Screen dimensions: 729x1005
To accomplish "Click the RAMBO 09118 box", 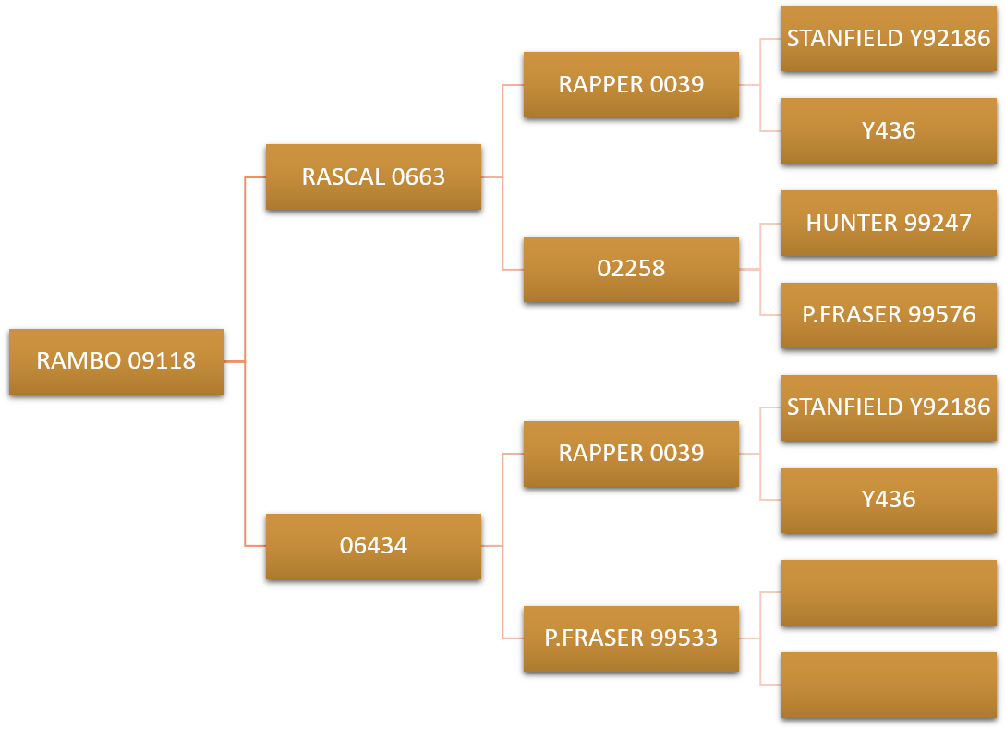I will pyautogui.click(x=116, y=361).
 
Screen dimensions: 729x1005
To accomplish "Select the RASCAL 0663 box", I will pyautogui.click(x=373, y=176).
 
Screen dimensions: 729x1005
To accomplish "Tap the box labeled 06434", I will pyautogui.click(x=373, y=546).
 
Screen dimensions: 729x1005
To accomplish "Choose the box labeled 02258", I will pyautogui.click(x=631, y=269).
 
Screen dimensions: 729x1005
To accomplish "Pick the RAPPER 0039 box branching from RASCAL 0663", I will pyautogui.click(x=631, y=84).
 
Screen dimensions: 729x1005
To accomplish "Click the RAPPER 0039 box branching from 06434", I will pyautogui.click(x=631, y=454).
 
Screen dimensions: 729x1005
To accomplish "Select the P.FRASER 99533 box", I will pyautogui.click(x=631, y=638).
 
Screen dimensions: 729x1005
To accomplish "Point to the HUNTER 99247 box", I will pyautogui.click(x=889, y=223).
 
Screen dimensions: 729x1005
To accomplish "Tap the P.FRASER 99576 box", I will pyautogui.click(x=889, y=315).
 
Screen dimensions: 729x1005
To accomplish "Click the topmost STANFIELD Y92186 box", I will pyautogui.click(x=889, y=38).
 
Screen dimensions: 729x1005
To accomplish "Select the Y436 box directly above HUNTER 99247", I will pyautogui.click(x=889, y=130).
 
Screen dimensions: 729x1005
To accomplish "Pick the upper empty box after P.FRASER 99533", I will pyautogui.click(x=889, y=592).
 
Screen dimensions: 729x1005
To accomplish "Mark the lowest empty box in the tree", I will pyautogui.click(x=889, y=685).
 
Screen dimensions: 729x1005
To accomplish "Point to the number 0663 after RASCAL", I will pyautogui.click(x=418, y=176).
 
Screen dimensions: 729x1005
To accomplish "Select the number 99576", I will pyautogui.click(x=941, y=315).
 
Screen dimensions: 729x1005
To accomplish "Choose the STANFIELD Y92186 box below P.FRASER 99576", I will pyautogui.click(x=889, y=407).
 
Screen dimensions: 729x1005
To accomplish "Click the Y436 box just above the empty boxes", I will pyautogui.click(x=889, y=500).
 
